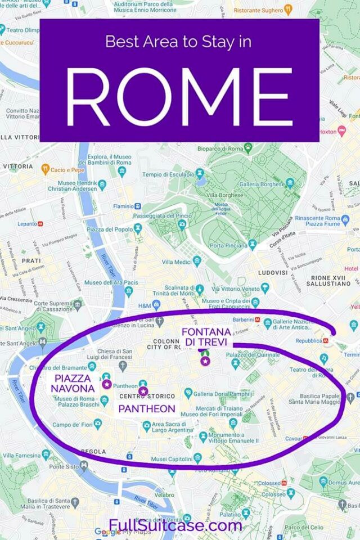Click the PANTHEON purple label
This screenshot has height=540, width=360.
pos(147,409)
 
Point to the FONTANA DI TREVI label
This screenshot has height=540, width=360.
pos(206,336)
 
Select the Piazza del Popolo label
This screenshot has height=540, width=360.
pos(109,229)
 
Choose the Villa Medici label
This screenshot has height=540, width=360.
pos(176,262)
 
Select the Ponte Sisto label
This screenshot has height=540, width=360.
pos(64,466)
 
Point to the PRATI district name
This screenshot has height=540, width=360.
pos(31,261)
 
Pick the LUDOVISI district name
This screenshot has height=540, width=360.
pos(272,273)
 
